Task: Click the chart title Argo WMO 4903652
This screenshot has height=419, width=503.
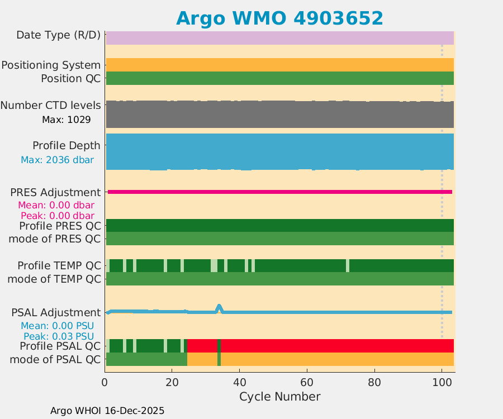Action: tap(279, 18)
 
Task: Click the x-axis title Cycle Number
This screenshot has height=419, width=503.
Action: tap(279, 397)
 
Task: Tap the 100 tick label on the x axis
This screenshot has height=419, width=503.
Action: tap(442, 383)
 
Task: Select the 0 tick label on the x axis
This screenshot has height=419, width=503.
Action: tap(105, 383)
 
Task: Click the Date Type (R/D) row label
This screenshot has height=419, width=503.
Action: tap(58, 35)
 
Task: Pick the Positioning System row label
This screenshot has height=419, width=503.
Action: tap(51, 65)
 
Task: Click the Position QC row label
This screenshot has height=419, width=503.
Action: tap(70, 78)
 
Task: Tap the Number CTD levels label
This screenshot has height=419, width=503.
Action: tap(50, 105)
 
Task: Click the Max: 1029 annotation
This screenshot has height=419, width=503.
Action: tap(66, 120)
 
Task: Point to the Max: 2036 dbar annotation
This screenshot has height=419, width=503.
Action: tap(57, 160)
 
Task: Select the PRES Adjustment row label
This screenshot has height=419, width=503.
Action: tap(55, 192)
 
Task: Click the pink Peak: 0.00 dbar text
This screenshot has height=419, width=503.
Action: tap(57, 216)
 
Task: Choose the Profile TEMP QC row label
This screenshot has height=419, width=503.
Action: tap(59, 265)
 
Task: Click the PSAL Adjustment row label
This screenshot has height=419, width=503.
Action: tap(56, 312)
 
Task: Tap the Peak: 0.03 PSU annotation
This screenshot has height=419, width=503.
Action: tap(58, 336)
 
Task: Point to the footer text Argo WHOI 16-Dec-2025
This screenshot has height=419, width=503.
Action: tap(107, 411)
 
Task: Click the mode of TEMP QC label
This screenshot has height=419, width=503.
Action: tap(54, 279)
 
